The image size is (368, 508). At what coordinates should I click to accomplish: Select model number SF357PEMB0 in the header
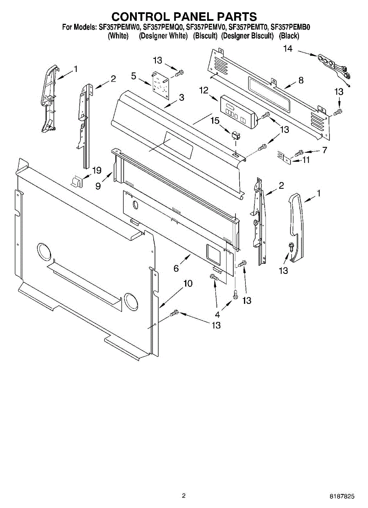(291, 28)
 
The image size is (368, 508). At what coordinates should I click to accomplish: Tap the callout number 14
(288, 49)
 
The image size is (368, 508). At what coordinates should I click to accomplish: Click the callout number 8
(301, 80)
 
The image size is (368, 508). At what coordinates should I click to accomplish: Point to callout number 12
(204, 90)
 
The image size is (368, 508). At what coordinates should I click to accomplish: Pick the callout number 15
(215, 121)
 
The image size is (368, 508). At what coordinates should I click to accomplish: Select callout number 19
(97, 171)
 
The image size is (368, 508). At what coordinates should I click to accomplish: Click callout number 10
(188, 284)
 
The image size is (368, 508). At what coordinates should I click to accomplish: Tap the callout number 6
(176, 268)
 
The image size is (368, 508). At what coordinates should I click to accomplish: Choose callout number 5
(134, 76)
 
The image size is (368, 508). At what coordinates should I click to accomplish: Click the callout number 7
(324, 150)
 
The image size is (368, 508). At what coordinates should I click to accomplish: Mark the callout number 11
(306, 160)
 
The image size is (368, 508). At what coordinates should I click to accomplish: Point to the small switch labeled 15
(235, 135)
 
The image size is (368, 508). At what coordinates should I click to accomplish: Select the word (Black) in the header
(289, 36)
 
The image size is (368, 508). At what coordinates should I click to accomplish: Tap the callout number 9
(98, 185)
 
